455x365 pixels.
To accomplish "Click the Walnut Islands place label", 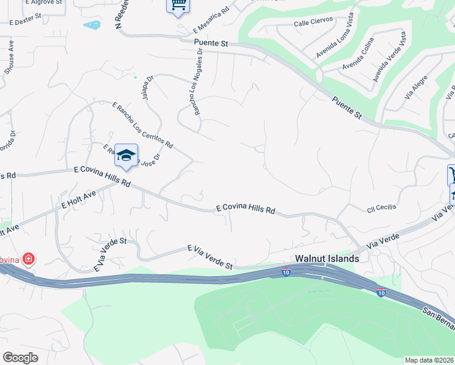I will coord(327,258).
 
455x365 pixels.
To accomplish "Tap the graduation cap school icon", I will coord(126,155).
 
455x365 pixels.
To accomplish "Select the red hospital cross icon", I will coord(28,259).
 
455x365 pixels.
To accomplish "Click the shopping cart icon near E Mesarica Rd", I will coord(178,5).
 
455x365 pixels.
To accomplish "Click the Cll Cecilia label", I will coord(381,208).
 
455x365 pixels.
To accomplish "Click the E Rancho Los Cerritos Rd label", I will coord(142,125).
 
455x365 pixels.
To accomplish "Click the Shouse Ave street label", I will coord(9,58).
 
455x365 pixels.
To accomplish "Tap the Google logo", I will coord(20,357).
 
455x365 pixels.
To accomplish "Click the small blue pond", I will coord(92,26).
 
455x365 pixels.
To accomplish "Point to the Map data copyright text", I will coord(429,360).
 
